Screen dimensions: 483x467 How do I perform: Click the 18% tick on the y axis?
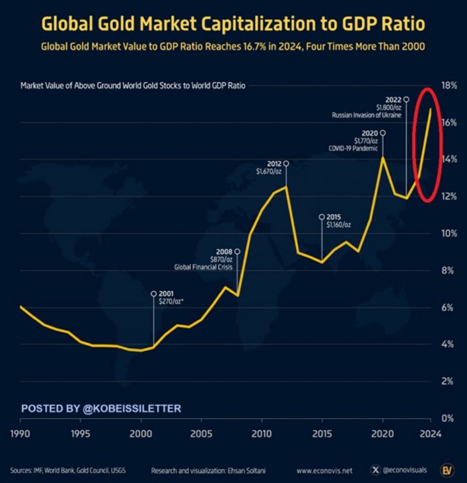click(x=450, y=85)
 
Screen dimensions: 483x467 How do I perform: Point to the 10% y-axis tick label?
click(x=450, y=233)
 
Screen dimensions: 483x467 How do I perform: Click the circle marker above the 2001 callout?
click(x=153, y=293)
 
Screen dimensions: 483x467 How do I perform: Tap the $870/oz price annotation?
click(x=222, y=259)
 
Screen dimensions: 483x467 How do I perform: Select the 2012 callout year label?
click(x=275, y=164)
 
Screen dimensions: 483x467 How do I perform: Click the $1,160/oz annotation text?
click(x=339, y=225)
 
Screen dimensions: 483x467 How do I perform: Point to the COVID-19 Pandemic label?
click(x=353, y=148)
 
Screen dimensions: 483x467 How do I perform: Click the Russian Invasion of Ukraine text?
click(x=367, y=115)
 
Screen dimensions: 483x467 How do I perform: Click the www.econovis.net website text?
click(x=325, y=470)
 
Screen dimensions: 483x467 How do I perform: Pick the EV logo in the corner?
click(x=446, y=470)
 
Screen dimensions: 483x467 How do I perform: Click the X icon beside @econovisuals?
click(x=375, y=470)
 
